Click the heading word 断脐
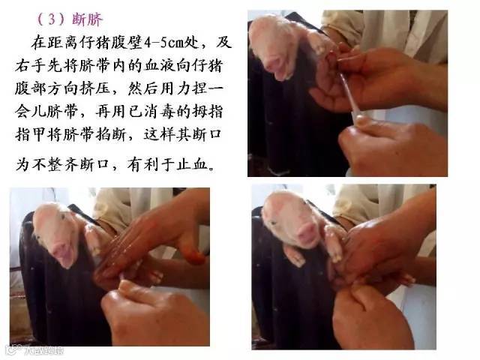click(x=87, y=19)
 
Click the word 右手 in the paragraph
click(x=31, y=66)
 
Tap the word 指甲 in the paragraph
click(x=31, y=135)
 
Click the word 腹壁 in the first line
click(x=127, y=43)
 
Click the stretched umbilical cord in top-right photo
click(x=348, y=94)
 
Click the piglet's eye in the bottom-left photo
click(x=63, y=217)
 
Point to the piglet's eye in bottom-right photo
click(x=273, y=223)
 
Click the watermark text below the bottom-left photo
click(x=36, y=350)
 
